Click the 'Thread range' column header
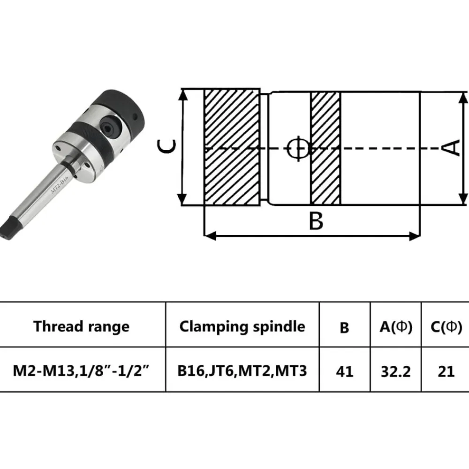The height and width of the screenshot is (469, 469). pos(81,326)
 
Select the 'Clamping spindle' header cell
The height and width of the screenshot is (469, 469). pos(242,326)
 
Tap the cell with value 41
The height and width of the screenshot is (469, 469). pos(345,371)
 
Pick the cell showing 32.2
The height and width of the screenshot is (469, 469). pos(396,371)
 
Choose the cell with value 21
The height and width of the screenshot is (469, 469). pos(446,371)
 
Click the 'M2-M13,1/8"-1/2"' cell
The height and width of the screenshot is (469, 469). pos(81,371)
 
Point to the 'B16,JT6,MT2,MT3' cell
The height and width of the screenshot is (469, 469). pos(242,371)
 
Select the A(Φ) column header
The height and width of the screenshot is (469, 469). pos(396,326)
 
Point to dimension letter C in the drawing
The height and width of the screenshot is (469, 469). pos(166,146)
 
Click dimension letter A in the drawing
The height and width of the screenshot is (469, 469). pos(451,147)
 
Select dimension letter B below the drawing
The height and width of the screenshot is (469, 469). pos(316,221)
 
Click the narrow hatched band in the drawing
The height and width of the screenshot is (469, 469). pos(326,149)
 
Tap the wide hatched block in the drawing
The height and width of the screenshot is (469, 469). pos(232,147)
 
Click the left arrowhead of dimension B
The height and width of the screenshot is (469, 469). pos(210,236)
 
